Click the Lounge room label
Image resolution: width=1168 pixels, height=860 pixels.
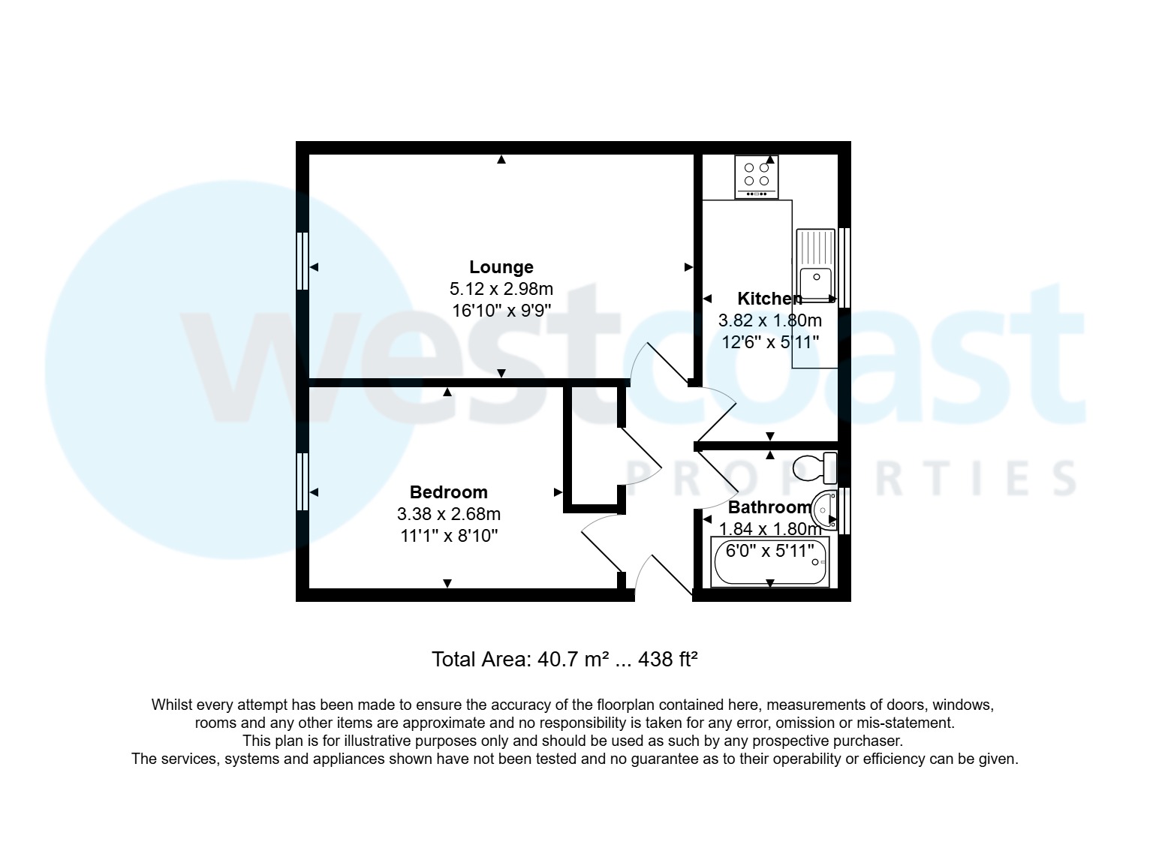pos(501,267)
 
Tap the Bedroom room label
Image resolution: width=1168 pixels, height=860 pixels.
pos(448,492)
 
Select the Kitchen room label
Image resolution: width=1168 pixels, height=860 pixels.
pos(769,299)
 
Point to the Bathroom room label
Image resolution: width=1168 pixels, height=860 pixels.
pos(769,507)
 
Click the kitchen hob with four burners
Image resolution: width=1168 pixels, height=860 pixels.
pos(756,176)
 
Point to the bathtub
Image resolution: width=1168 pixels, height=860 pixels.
pos(770,562)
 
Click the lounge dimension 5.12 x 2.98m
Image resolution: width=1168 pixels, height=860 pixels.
pos(501,289)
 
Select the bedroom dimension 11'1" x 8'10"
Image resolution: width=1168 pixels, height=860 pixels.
pos(448,536)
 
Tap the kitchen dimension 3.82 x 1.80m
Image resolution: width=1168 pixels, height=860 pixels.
pos(769,320)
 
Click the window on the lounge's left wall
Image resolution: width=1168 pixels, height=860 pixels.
pos(303,260)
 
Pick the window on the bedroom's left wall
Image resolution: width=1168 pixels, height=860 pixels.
pos(303,482)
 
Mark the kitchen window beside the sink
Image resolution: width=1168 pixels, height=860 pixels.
pos(844,267)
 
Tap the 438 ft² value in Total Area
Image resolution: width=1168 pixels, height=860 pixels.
pos(668,660)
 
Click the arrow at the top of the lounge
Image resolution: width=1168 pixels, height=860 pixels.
pos(501,159)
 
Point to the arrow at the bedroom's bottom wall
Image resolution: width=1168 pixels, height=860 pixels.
pos(447,583)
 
